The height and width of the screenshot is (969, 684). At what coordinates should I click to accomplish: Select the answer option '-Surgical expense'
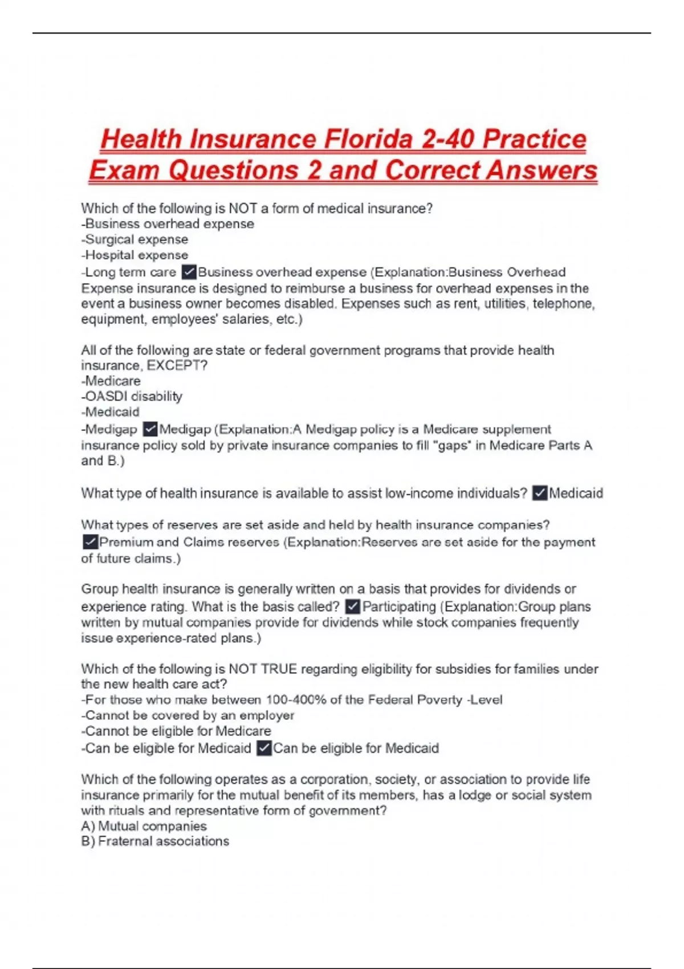[x=135, y=239]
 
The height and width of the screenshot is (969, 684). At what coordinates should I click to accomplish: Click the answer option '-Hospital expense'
[x=135, y=255]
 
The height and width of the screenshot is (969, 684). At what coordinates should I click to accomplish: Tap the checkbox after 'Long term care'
[x=188, y=272]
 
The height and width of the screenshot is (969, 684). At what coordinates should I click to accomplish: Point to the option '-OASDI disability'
[x=132, y=396]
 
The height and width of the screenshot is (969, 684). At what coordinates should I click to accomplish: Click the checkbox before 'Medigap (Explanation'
[x=150, y=429]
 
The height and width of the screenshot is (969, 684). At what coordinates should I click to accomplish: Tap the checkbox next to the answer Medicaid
[x=539, y=493]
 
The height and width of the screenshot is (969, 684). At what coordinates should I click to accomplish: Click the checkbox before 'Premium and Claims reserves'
[x=90, y=541]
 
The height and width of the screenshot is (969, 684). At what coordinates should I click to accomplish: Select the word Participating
[x=399, y=606]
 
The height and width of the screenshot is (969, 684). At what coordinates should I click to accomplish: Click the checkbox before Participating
[x=353, y=606]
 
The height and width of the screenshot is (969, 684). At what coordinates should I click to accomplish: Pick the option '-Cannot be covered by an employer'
[x=188, y=715]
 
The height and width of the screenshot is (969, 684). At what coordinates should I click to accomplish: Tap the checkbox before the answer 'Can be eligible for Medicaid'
[x=264, y=748]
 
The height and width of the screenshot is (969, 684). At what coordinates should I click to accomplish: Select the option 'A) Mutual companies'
[x=144, y=826]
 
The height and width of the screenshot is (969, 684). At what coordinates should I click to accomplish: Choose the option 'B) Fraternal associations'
[x=155, y=841]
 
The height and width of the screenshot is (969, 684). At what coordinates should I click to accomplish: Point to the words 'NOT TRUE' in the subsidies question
[x=263, y=669]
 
